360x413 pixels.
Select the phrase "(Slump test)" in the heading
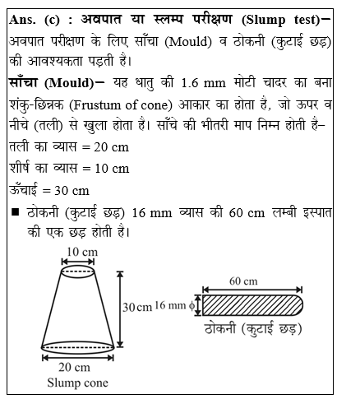point(289,18)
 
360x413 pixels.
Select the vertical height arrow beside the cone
point(121,305)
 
